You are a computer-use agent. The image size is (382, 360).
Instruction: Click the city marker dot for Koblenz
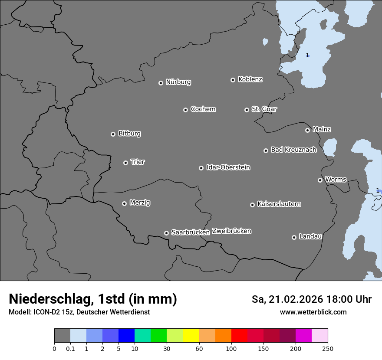[x=233, y=80]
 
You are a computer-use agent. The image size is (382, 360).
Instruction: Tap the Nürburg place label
[x=178, y=82]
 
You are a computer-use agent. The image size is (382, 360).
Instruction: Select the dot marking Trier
[x=125, y=163]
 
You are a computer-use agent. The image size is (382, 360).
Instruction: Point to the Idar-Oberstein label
[x=228, y=167]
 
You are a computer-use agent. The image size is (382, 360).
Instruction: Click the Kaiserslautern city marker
[x=252, y=205]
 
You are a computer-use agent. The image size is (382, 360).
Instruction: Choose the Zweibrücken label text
[x=231, y=231]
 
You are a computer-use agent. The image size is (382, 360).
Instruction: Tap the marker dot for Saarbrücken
[x=166, y=233]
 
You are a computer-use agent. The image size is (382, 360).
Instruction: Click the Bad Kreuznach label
[x=293, y=150]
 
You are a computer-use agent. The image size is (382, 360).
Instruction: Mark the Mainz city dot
[x=307, y=130]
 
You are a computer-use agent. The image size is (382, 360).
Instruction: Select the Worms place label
[x=336, y=180]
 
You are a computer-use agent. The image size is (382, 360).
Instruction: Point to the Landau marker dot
[x=294, y=237]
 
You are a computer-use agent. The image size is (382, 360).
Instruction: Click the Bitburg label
[x=129, y=134]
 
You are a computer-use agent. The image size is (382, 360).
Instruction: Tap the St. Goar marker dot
[x=247, y=110]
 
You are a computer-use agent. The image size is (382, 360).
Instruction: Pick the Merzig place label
[x=140, y=203]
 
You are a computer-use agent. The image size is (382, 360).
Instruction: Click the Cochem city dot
[x=185, y=110]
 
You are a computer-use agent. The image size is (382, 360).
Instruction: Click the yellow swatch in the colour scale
[x=191, y=336]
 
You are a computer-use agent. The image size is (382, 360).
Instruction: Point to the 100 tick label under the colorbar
[x=231, y=348]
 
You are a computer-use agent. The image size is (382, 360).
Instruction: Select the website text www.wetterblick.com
[x=313, y=312]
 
